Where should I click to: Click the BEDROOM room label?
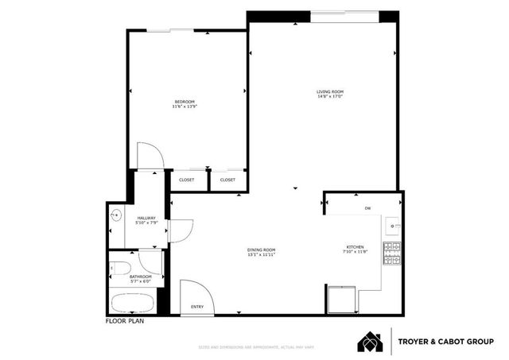pyautogui.click(x=185, y=101)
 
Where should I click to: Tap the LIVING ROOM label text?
pyautogui.click(x=328, y=93)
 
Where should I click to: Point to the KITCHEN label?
pyautogui.click(x=356, y=247)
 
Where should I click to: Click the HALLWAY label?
pyautogui.click(x=147, y=219)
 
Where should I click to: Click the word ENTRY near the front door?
pyautogui.click(x=197, y=308)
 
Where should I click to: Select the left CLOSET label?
pyautogui.click(x=186, y=180)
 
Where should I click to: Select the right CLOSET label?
pyautogui.click(x=227, y=180)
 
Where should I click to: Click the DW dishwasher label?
pyautogui.click(x=367, y=208)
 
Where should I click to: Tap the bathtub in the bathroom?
pyautogui.click(x=134, y=303)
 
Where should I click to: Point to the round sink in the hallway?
pyautogui.click(x=116, y=214)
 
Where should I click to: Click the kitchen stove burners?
pyautogui.click(x=392, y=253)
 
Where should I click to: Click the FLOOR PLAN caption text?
pyautogui.click(x=126, y=322)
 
